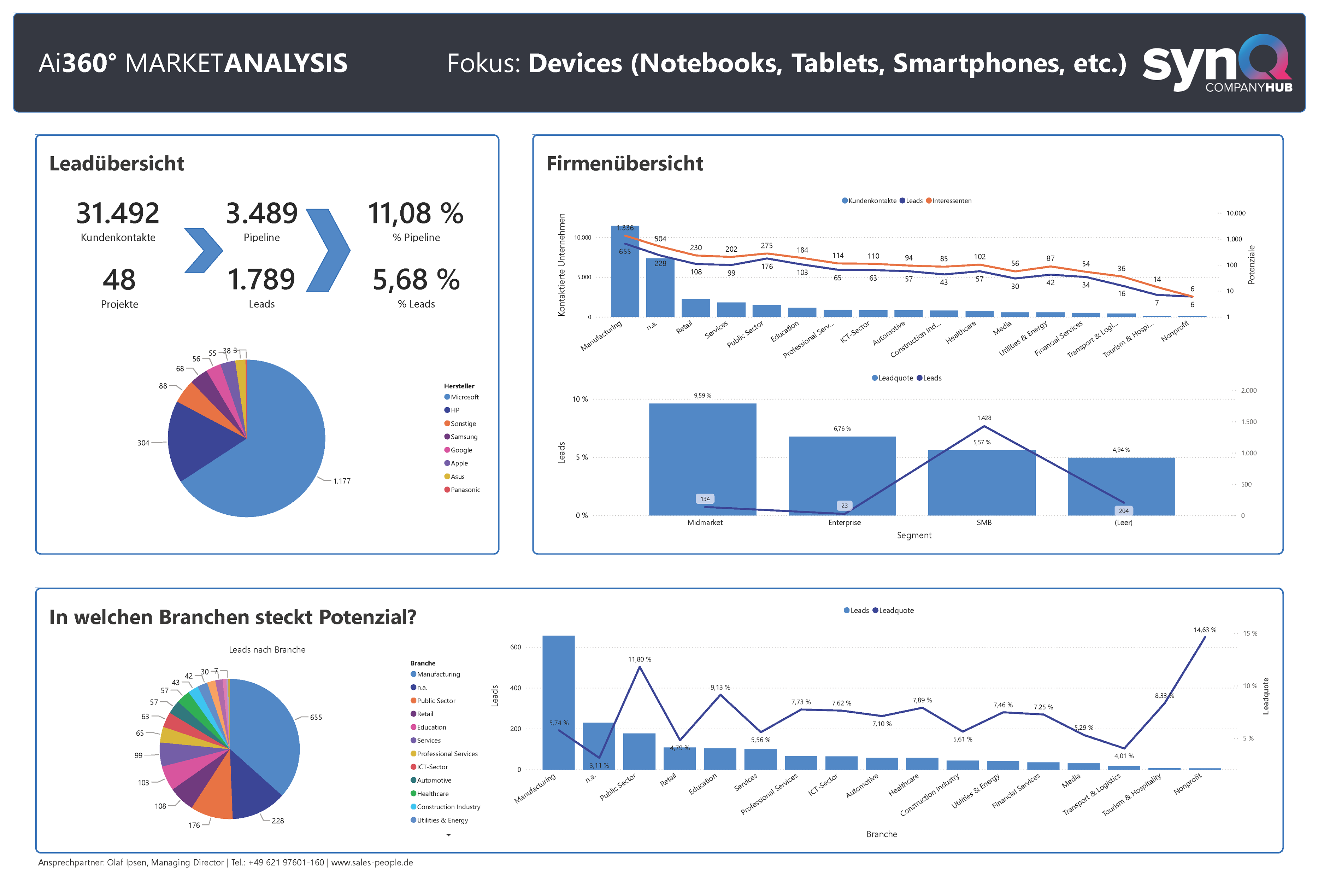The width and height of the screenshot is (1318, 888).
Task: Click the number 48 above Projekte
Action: coord(119,280)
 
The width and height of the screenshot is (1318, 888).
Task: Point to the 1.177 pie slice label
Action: coord(341,481)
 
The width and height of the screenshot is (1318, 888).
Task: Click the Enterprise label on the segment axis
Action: coord(845,523)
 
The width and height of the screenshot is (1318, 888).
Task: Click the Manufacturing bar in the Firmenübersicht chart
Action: coord(625,272)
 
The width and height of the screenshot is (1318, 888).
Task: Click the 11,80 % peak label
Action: coord(640,659)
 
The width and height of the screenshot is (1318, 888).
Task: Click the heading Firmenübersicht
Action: coord(624,164)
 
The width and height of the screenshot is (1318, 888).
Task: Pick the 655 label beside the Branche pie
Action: coord(316,718)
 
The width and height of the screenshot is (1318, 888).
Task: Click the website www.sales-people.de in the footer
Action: coord(372,863)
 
